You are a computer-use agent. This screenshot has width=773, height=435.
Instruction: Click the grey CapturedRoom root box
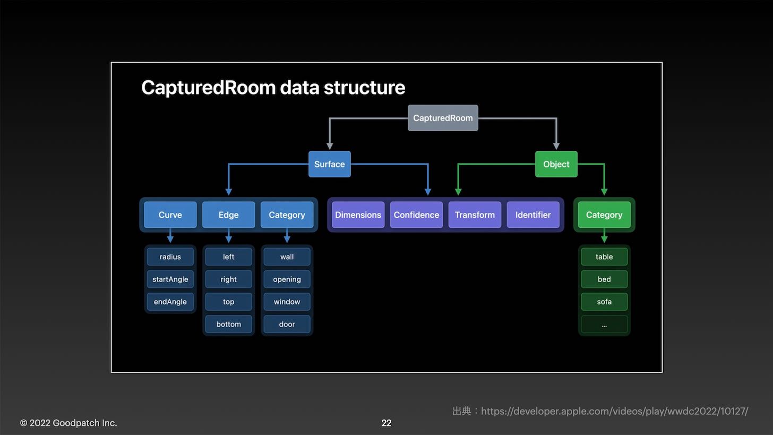[443, 118]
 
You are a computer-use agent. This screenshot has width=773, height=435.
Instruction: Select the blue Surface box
[329, 164]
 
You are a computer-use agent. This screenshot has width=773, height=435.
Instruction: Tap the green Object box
[556, 164]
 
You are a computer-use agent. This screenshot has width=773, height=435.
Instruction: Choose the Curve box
[170, 215]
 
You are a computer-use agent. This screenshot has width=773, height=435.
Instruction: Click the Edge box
[228, 215]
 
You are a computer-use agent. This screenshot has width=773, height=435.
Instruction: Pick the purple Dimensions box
[358, 215]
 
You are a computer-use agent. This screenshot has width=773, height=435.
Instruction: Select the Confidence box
[416, 215]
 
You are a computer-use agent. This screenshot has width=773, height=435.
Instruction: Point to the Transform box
[475, 215]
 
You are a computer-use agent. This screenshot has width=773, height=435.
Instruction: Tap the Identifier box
[533, 215]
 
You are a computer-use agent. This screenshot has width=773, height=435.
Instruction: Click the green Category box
[604, 215]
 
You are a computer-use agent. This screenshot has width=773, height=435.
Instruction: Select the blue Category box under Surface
[287, 215]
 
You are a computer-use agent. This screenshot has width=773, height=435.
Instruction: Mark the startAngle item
[170, 279]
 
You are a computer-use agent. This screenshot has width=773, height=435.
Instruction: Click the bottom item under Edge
[228, 324]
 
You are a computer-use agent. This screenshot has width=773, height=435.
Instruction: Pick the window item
[287, 302]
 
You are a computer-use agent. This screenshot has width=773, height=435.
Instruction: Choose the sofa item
[604, 302]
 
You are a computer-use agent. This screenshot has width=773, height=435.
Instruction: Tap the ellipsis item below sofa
[604, 324]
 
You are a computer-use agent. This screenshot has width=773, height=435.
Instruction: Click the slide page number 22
[386, 423]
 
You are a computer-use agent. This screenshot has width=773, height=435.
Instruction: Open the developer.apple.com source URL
[614, 411]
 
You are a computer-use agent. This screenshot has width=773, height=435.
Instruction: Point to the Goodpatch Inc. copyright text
[68, 423]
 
